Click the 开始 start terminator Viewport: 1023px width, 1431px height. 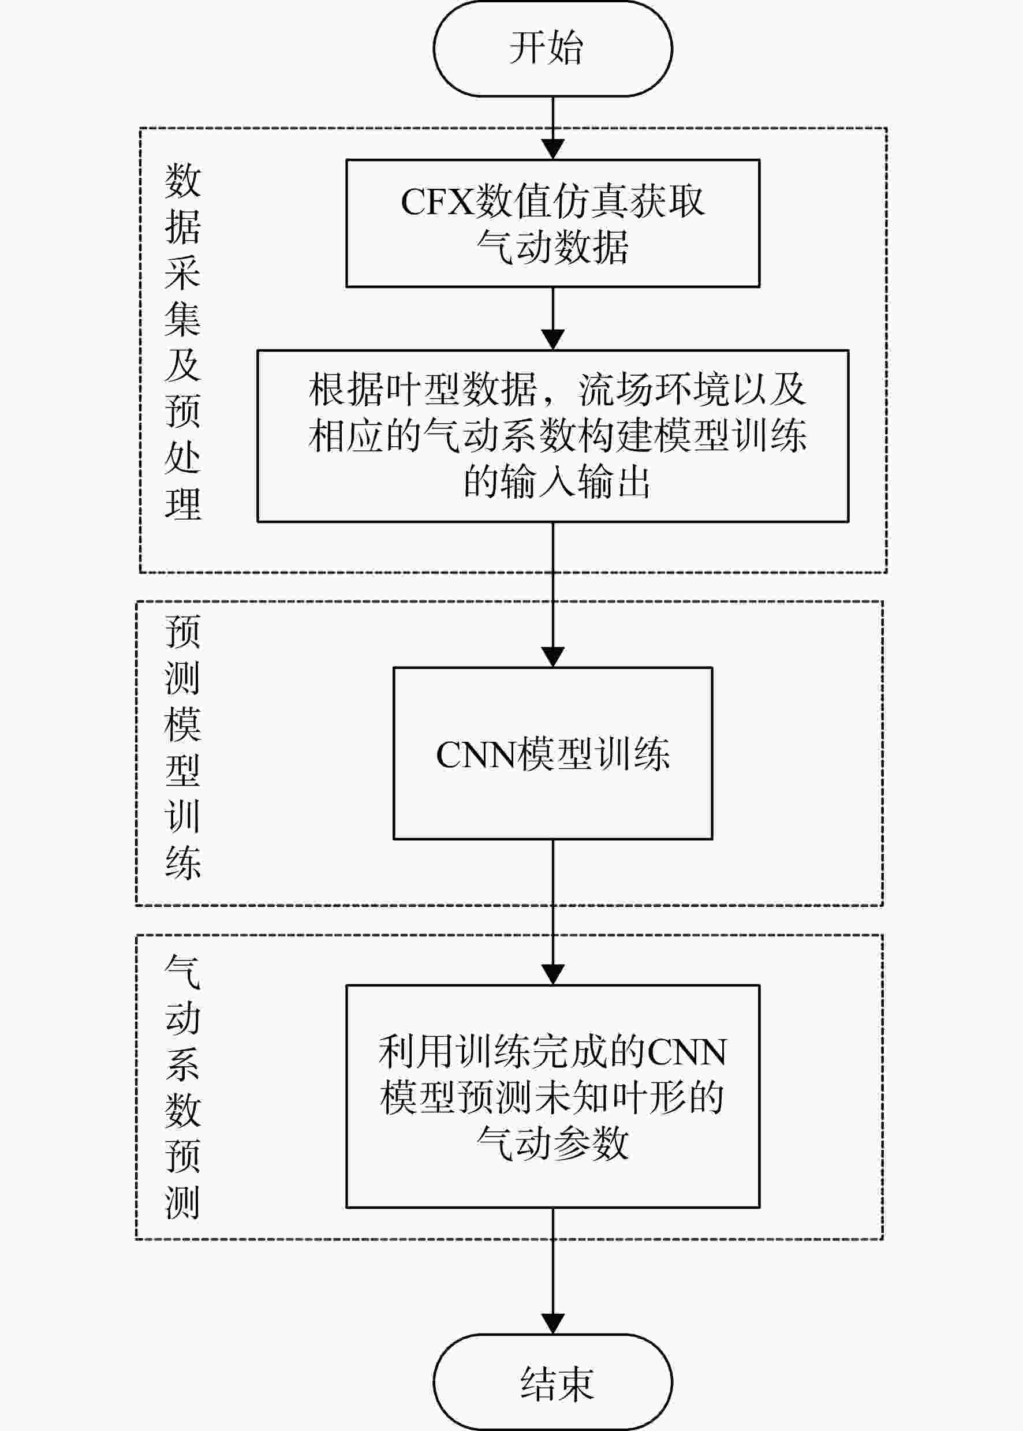pos(552,48)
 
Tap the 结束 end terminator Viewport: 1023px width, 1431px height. pos(552,1382)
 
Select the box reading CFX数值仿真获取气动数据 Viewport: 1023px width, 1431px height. pos(552,223)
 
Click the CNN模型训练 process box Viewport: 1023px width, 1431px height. pos(552,753)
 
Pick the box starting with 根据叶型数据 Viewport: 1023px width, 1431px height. pos(552,436)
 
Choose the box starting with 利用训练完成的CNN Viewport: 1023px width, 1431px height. pos(552,1097)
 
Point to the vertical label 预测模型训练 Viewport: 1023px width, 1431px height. pos(182,746)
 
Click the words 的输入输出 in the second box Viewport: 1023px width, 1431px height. pos(557,482)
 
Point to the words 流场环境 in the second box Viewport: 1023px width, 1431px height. pos(655,389)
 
